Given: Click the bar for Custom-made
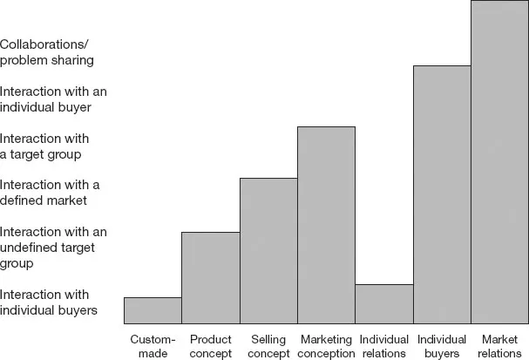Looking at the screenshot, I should tap(153, 310).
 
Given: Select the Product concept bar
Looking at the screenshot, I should tap(210, 277).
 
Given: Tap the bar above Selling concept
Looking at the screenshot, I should tap(268, 250).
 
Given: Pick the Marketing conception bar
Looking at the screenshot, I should tap(326, 225).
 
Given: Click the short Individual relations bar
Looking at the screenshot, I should tap(383, 303).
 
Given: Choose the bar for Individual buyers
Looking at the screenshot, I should tap(442, 194).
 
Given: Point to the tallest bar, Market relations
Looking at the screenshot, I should tap(499, 162).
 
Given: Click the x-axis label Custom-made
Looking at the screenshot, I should tap(153, 346).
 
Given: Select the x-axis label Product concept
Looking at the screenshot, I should tap(210, 346).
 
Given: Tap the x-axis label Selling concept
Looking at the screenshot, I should tap(268, 346).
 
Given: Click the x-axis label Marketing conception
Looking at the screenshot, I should tap(326, 346).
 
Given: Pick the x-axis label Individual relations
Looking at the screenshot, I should tap(383, 346).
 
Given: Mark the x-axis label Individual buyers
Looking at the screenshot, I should tap(442, 346).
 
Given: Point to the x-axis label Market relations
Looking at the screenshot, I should tap(499, 346).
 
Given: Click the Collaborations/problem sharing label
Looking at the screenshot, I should tap(47, 52).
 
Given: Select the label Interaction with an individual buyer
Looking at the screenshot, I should tap(53, 99).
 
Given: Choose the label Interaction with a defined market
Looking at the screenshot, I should tap(50, 193).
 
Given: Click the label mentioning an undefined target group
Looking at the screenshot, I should tap(53, 247).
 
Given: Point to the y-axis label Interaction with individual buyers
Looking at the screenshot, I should tap(48, 302).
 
